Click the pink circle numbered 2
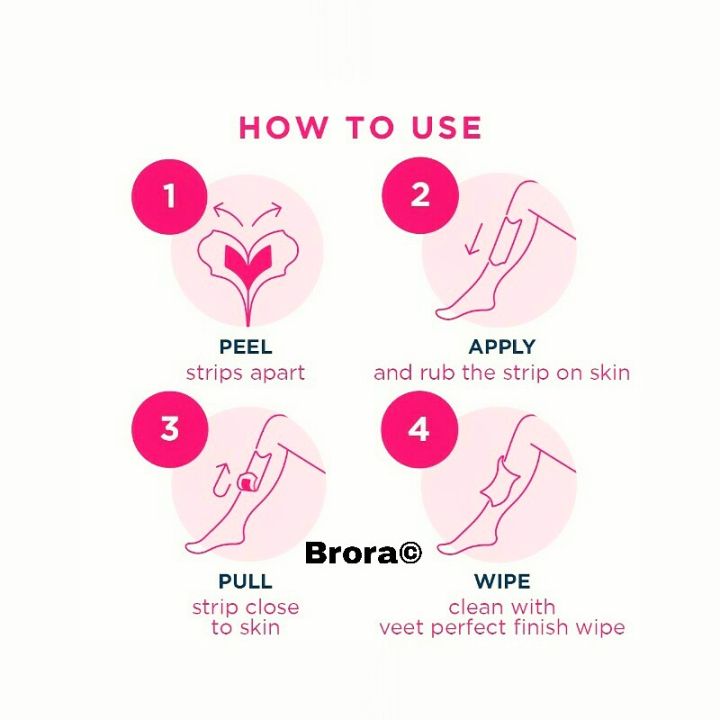point(420,195)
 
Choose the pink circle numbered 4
point(420,429)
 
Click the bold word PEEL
point(245,348)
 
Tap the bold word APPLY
point(502,348)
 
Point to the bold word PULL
point(245,582)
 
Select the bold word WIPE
point(502,582)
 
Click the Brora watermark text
point(350,553)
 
